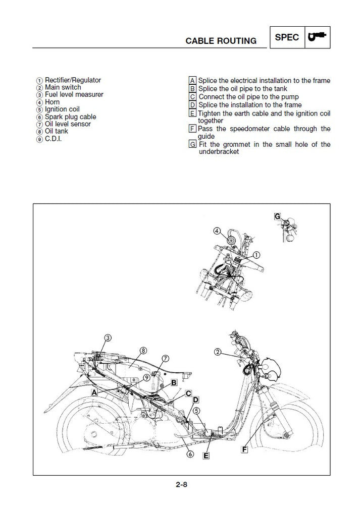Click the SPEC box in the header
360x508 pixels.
288,37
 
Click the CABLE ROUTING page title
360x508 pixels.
221,41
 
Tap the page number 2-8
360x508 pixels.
182,485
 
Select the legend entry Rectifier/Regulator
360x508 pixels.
73,80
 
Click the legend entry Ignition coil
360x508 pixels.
62,109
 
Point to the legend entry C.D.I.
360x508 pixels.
54,138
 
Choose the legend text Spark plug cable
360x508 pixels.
70,117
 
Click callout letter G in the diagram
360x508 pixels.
277,216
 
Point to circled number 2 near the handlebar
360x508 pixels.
218,352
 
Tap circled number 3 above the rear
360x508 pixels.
108,337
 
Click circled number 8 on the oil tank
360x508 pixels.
143,350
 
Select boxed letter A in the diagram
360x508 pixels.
94,391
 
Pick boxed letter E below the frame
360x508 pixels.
206,456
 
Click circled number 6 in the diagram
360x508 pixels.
190,454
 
